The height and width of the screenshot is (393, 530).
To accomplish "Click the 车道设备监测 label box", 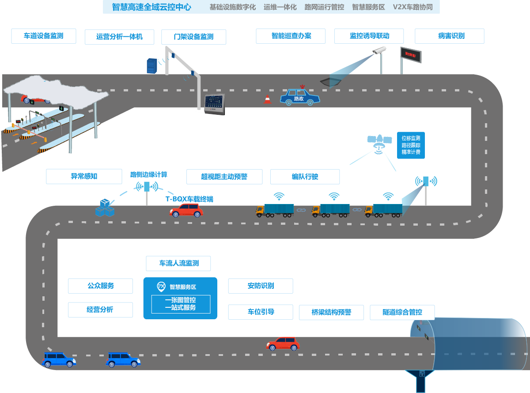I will pos(44,36).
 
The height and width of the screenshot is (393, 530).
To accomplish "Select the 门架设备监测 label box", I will pos(193,37).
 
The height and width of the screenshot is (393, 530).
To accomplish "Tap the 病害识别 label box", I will pos(449,36).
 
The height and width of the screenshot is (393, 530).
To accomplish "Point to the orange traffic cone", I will pos(267,99).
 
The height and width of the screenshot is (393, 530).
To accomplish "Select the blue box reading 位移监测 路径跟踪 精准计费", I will pos(411,145).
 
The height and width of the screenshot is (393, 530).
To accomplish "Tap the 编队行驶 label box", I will pos(305,177).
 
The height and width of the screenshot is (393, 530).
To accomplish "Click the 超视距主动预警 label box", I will pos(224,177).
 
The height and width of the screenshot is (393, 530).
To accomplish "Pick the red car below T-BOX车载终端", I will pos(186,210).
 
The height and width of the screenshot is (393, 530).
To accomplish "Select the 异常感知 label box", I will pos(84,176).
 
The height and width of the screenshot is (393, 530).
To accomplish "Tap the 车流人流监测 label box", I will pos(178,264).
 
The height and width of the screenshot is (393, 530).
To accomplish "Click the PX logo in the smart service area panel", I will pos(161,287).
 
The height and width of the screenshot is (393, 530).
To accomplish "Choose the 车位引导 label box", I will pos(261,312).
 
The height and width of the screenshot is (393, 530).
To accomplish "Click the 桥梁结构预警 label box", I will pos(331,312).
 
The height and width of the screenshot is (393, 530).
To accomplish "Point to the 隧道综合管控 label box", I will pos(402,312).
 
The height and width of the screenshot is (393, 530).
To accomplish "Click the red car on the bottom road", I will pos(283,344).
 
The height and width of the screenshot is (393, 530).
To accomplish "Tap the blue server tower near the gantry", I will pos(151,66).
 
